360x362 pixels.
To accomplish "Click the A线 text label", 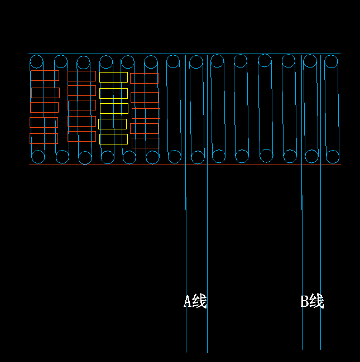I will pos(195,301).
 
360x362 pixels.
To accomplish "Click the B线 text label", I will pos(312,301).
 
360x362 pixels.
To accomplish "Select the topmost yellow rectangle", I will pos(113,77).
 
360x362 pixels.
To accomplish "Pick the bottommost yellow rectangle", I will pos(113,139).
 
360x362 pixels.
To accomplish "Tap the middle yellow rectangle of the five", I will pos(113,108).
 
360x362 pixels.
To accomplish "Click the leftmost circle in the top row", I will pos(36,61).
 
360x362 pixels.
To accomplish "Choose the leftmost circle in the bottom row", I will pos(38,157).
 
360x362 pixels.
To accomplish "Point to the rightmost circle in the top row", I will pos(332,61).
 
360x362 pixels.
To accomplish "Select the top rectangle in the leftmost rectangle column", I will pos(45,75).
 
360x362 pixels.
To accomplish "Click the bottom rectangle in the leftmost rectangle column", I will pos(44,138).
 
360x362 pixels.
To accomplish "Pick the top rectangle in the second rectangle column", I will pos(81,76).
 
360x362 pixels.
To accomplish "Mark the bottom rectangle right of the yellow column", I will pos(146,143).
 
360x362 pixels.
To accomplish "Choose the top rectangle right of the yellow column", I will pos(144,78).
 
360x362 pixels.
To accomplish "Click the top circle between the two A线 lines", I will pos(196,61).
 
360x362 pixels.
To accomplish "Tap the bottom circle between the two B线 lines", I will pos(311,157).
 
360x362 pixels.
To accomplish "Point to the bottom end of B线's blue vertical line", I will pos(320,349).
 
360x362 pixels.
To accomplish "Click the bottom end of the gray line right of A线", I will pos(207,352).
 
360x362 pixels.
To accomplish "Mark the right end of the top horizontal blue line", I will pos(340,54).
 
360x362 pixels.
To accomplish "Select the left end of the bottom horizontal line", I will pos(29,165).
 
